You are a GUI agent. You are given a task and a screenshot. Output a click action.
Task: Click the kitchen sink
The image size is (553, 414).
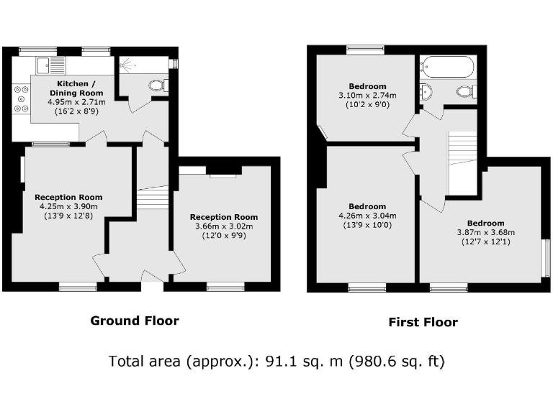click(x=51, y=65)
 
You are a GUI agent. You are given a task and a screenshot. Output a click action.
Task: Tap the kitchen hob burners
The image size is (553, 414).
click(x=21, y=99)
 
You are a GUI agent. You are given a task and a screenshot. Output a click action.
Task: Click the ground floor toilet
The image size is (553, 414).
click(x=158, y=86)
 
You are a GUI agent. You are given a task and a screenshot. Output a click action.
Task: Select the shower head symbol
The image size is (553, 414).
click(x=127, y=65)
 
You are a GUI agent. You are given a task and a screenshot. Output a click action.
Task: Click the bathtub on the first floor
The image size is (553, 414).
click(x=448, y=67)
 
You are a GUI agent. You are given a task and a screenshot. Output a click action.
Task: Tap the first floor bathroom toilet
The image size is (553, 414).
click(x=467, y=91)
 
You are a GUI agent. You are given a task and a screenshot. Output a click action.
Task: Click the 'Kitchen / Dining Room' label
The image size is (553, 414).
click(x=76, y=88)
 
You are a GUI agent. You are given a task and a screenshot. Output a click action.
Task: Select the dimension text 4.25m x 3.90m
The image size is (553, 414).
click(x=68, y=207)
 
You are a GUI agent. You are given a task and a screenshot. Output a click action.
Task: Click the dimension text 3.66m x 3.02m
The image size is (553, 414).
click(x=224, y=226)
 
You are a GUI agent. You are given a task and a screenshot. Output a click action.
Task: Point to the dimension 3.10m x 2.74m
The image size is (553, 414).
click(x=367, y=96)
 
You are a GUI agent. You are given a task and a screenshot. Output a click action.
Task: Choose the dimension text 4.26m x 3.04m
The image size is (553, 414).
click(x=367, y=216)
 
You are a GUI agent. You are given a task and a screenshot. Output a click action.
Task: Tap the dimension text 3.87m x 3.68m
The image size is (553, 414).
click(x=486, y=232)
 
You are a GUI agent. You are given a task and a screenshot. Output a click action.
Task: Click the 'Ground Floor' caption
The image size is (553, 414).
click(x=135, y=321)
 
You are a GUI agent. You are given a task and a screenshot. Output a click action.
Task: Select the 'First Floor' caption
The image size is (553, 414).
click(x=423, y=322)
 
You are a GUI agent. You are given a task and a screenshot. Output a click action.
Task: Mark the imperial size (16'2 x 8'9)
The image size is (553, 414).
click(x=76, y=111)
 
